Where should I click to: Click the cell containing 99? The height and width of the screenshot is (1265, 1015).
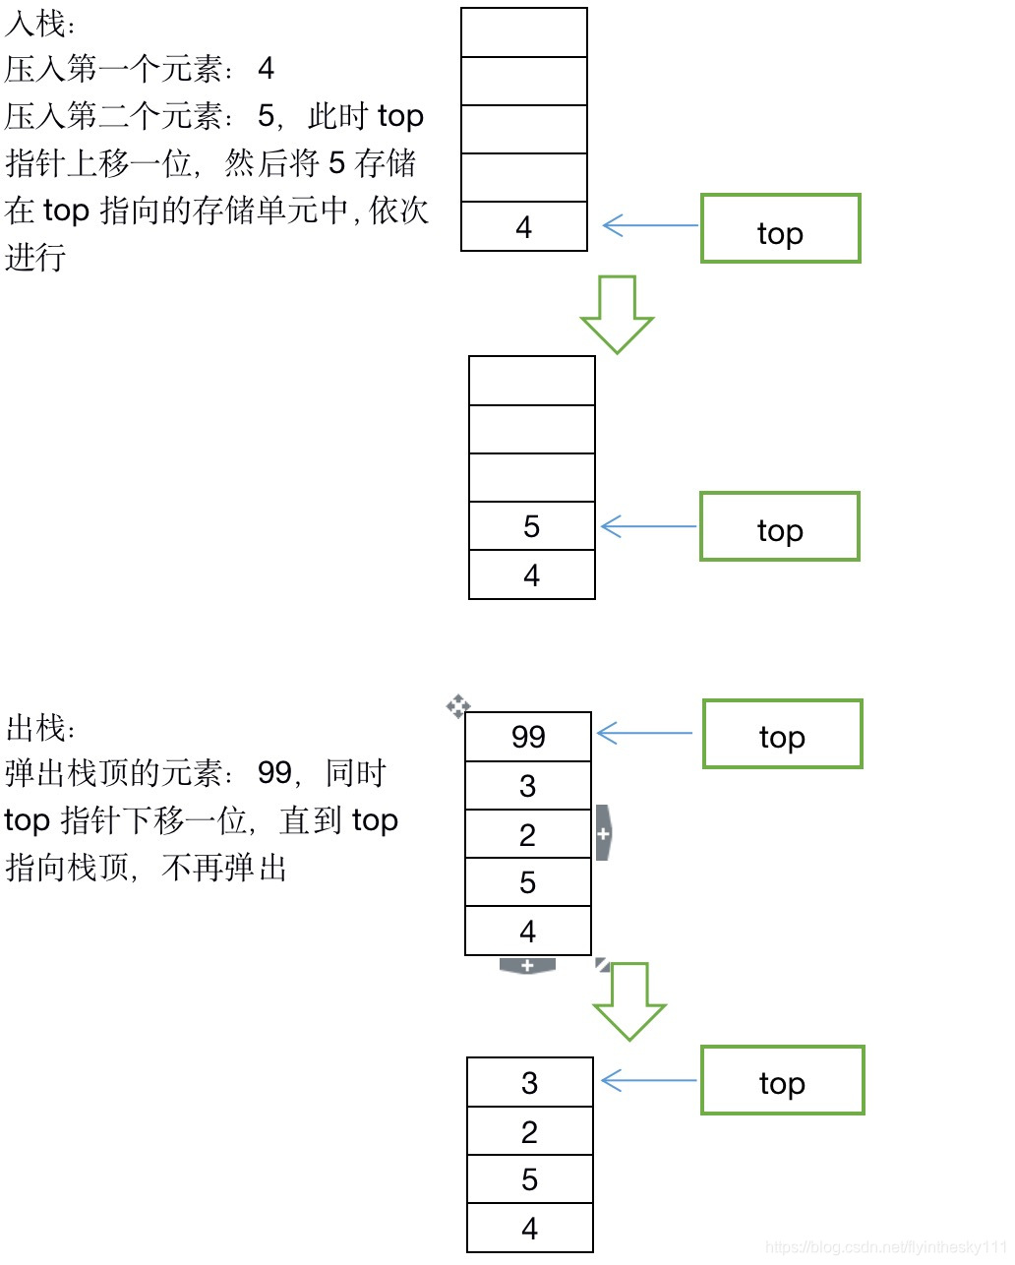coord(527,737)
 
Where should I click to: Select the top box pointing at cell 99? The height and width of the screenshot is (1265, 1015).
coord(782,734)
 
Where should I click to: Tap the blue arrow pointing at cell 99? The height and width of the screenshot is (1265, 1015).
coord(644,733)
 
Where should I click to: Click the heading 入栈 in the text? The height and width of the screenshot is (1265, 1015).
coord(39,22)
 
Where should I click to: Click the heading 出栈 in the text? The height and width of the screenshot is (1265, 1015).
coord(39,728)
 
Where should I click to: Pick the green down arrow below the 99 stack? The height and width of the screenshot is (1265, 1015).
coord(629,1001)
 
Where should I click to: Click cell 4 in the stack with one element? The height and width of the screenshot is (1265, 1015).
coord(524,227)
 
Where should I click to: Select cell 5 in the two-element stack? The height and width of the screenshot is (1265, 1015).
coord(531,526)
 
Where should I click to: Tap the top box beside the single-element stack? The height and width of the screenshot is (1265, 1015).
coord(780,228)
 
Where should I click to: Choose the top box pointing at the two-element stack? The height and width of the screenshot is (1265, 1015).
coord(779,526)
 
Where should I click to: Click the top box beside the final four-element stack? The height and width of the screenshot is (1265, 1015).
coord(782,1080)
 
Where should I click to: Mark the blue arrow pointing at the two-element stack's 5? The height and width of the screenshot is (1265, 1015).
coord(648,526)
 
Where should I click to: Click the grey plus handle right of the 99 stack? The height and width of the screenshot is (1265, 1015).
coord(603,833)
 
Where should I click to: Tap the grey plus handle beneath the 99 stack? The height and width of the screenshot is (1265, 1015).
coord(527,966)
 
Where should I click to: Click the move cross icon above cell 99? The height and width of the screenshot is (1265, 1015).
coord(457,705)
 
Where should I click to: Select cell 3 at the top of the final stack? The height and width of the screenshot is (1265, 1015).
coord(529,1083)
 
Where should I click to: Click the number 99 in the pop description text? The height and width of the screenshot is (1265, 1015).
coord(274,773)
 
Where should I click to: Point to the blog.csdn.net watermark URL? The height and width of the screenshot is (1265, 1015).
coord(885,1247)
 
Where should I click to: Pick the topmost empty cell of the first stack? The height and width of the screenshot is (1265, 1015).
coord(524,32)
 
